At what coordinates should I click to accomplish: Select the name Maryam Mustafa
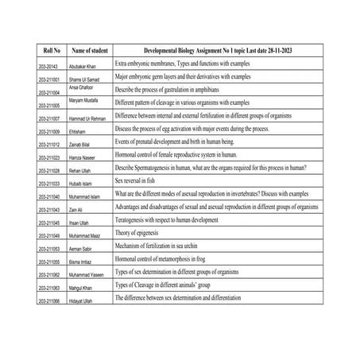coord(84,100)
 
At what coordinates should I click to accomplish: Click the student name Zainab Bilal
coord(83,145)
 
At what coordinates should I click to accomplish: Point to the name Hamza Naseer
coord(84,157)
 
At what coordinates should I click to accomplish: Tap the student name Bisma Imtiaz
coord(84,261)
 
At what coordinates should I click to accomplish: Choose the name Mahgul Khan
coord(84,287)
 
